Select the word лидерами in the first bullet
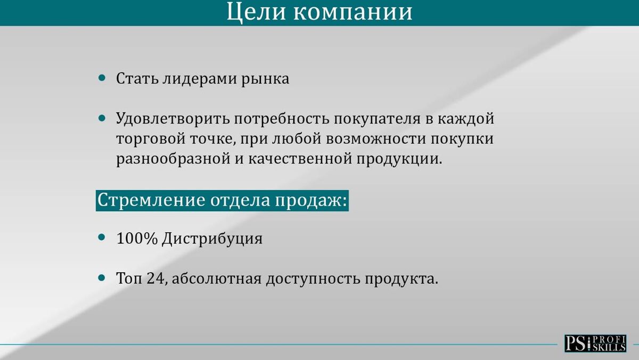(x=200, y=79)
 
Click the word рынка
(x=265, y=79)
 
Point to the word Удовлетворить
(x=173, y=119)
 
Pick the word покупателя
(x=377, y=119)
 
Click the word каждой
(x=466, y=118)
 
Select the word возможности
(x=376, y=139)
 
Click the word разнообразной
(x=173, y=159)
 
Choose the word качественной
(x=300, y=159)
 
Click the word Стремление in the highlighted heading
(x=151, y=200)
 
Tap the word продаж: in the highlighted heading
(x=311, y=200)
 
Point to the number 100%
(x=137, y=239)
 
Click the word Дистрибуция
(x=212, y=239)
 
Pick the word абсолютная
(x=217, y=279)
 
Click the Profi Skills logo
(x=595, y=343)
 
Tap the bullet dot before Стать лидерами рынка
(x=102, y=78)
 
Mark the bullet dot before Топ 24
(x=102, y=277)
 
